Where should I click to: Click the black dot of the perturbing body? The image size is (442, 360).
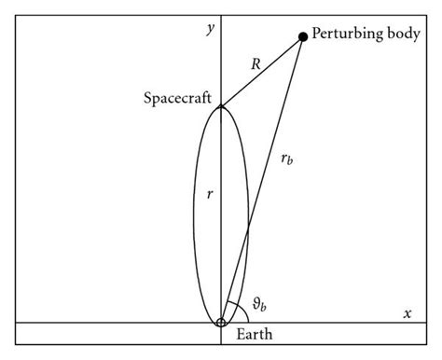tap(303, 37)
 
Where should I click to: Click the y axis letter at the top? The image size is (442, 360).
tap(211, 29)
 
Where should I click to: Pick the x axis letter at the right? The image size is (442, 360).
tap(407, 313)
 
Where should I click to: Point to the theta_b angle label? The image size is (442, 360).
tap(266, 304)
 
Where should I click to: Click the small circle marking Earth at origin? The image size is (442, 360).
tap(221, 323)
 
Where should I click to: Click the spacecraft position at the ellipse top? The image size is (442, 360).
tap(221, 106)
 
